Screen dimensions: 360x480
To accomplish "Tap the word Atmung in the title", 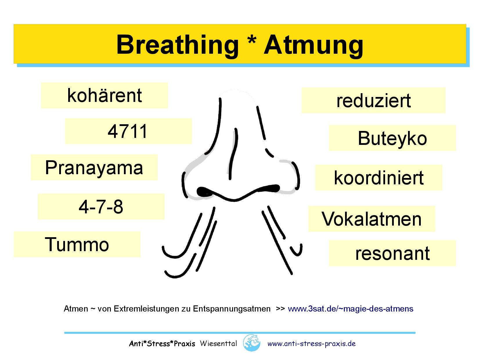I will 313,45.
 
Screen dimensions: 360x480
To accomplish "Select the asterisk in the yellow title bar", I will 252,42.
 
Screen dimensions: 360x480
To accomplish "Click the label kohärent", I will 104,96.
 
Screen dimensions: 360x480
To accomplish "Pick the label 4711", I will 128,131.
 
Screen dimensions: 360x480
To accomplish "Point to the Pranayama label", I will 94,168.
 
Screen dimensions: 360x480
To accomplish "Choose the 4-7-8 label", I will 101,207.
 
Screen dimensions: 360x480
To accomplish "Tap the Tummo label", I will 77,244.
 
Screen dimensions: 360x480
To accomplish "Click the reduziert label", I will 373,100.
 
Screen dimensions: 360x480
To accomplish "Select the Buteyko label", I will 392,138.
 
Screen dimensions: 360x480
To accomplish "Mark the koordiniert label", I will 379,178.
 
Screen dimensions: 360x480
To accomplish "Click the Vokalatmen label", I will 371,219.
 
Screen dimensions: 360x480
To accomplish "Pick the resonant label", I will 392,253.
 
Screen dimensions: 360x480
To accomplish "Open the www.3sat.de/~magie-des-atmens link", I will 351,309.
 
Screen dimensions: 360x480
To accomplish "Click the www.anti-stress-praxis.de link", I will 311,344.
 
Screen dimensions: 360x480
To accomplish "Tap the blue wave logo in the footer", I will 252,343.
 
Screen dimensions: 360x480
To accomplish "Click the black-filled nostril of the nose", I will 205,192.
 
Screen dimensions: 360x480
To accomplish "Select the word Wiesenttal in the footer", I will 218,344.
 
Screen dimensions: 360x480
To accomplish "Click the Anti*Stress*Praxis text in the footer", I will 162,344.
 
